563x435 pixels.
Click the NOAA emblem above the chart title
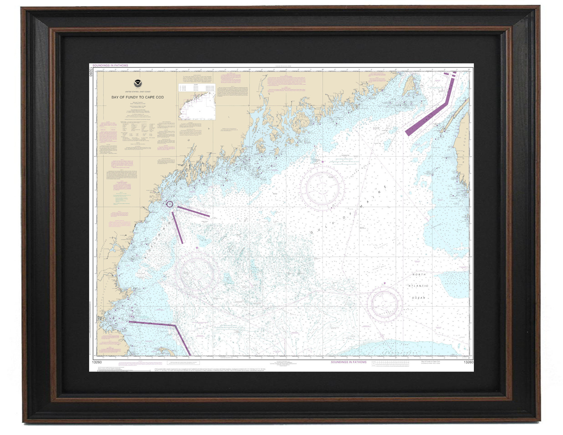point(138,84)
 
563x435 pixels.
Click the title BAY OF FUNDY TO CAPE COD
point(137,97)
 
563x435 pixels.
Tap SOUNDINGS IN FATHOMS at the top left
point(110,66)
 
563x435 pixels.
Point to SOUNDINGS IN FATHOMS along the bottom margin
point(348,362)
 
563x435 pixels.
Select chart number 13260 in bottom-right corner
point(468,362)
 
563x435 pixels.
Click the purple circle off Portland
point(170,204)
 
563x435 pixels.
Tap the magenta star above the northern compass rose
point(322,162)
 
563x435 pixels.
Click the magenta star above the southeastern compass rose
point(385,283)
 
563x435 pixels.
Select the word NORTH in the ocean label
point(419,274)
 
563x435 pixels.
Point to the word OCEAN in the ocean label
point(418,298)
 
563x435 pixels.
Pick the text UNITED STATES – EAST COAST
point(138,92)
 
